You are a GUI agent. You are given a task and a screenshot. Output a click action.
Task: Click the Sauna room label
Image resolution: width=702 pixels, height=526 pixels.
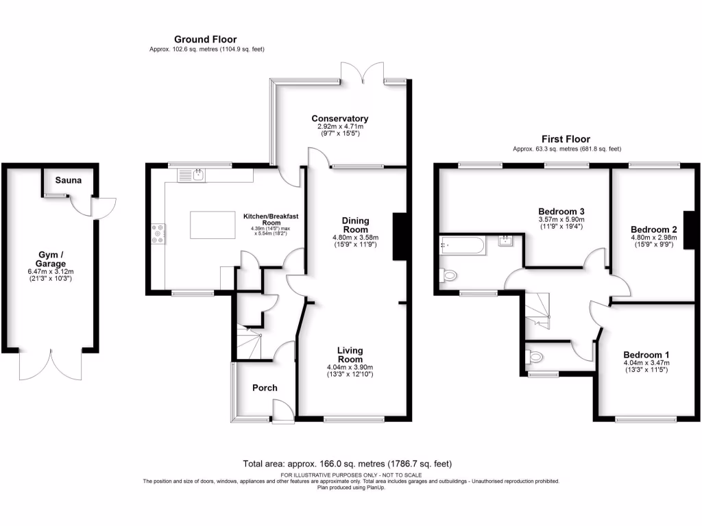69,181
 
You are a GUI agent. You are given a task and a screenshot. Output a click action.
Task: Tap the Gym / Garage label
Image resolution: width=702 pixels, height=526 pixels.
52,259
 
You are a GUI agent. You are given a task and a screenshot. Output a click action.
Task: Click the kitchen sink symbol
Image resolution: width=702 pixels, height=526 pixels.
197,176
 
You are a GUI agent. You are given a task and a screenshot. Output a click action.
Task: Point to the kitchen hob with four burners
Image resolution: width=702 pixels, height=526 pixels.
158,234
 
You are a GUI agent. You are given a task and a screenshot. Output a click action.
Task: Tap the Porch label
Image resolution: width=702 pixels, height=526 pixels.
265,388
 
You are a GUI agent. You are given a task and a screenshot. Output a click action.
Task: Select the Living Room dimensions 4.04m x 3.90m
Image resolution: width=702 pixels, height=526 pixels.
350,368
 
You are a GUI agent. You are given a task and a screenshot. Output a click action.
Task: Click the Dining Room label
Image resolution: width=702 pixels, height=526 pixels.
356,225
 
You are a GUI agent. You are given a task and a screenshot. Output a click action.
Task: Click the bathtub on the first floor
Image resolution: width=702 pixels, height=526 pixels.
463,245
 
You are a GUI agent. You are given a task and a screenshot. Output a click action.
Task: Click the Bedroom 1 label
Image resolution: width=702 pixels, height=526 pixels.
645,354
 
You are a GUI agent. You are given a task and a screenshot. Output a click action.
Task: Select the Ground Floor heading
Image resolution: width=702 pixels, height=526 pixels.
206,39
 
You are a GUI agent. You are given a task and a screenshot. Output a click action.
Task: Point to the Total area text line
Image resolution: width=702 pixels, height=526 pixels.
348,464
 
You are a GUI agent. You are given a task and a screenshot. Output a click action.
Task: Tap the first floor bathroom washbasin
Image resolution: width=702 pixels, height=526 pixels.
506,240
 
